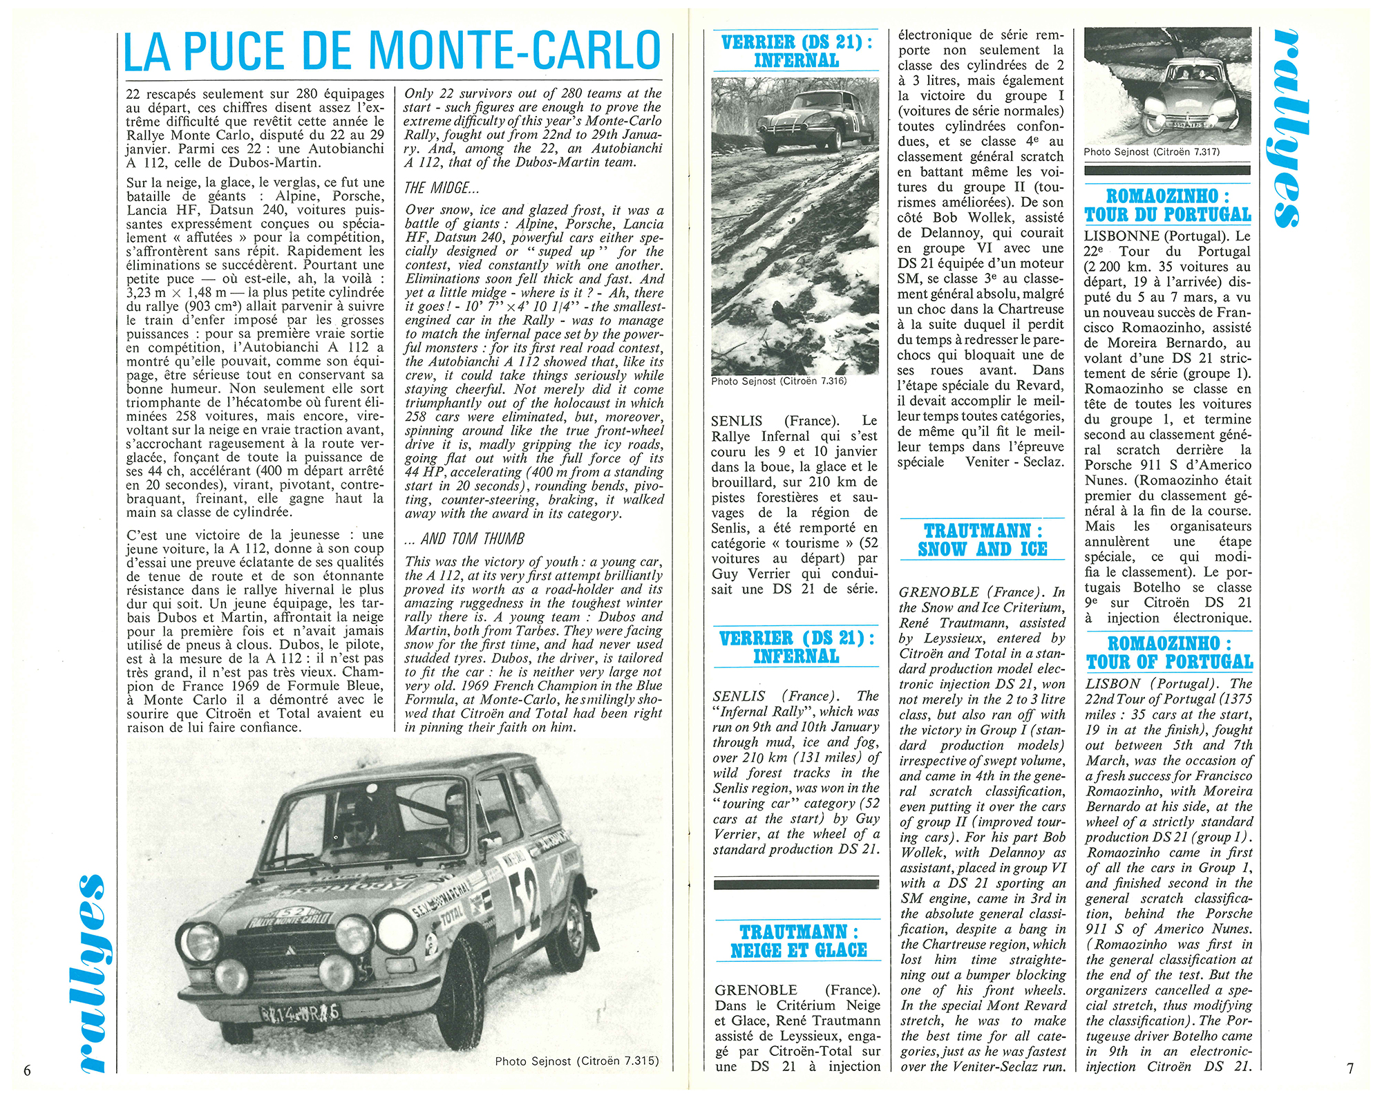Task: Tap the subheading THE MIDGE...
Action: (442, 188)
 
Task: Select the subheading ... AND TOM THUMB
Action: (464, 539)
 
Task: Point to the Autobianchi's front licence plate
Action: (299, 1013)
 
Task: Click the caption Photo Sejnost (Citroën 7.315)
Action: (577, 1061)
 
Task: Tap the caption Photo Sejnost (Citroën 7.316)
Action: (779, 381)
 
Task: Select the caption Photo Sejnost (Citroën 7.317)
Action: (1152, 152)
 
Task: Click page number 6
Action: (27, 1070)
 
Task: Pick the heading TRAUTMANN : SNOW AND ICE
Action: (982, 540)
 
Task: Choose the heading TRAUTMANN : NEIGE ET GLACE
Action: (798, 941)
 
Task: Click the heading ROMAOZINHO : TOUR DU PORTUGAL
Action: (1167, 205)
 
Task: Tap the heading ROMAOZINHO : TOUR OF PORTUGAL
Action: (1168, 653)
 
